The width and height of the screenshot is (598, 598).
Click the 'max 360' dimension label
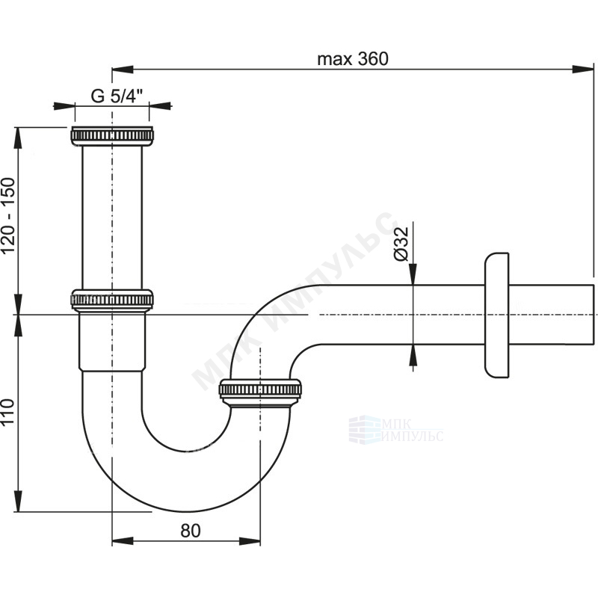[x=353, y=59]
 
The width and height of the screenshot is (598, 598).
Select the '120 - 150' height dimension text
[x=8, y=215]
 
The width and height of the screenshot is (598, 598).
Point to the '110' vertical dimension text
[x=8, y=412]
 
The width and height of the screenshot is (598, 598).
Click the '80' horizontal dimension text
[x=191, y=530]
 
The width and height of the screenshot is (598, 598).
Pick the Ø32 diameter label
[x=401, y=244]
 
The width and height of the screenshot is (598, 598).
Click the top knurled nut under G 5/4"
[x=112, y=136]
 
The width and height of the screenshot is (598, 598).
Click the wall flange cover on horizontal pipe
[x=497, y=315]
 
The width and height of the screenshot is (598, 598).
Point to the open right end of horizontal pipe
[x=594, y=315]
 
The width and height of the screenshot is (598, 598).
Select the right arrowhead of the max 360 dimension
[x=583, y=70]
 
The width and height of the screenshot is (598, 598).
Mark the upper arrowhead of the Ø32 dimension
[x=413, y=274]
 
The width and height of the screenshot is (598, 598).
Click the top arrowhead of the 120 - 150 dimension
[x=17, y=138]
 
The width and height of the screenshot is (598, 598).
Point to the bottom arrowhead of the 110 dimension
[x=17, y=501]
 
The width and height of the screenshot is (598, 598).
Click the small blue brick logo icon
[x=365, y=430]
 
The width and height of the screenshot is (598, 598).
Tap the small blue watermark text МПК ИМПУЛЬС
[x=413, y=431]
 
